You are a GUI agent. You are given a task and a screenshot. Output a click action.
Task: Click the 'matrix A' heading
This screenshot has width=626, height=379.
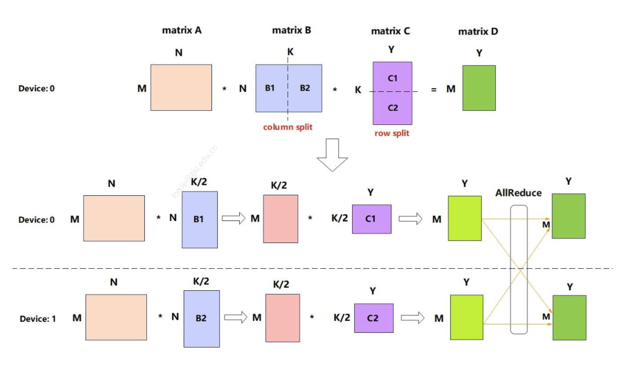pos(182,30)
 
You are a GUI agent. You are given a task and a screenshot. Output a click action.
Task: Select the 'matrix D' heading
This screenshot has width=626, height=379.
pos(478,31)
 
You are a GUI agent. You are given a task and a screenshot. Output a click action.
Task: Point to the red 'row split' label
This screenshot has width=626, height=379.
pos(391,133)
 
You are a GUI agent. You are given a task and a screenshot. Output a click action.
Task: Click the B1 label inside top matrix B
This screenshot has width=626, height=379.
pos(270,88)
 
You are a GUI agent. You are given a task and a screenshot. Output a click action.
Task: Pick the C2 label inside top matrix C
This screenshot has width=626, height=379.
pos(392,108)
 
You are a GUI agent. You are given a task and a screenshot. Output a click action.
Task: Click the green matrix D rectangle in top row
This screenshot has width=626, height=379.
pos(479,88)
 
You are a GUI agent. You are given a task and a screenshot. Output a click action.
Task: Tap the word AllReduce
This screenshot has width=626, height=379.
pos(518,193)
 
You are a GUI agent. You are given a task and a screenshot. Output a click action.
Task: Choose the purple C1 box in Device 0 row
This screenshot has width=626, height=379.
pos(372,219)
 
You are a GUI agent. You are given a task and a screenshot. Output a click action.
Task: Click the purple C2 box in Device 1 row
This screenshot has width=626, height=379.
pos(373,318)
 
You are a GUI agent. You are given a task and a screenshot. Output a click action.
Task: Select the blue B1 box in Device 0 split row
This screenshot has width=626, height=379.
pos(199,219)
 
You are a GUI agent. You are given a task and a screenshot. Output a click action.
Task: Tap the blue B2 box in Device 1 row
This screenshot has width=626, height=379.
pos(201,319)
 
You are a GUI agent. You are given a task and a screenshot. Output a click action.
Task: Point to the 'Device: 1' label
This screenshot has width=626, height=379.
pos(38,319)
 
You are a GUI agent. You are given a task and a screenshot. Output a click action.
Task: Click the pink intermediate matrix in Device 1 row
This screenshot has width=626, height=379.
pos(282,318)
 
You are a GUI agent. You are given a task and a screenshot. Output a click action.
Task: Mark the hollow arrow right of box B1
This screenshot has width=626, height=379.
pos(234,219)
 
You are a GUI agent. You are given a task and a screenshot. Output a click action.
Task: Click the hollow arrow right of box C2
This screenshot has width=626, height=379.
pos(412,318)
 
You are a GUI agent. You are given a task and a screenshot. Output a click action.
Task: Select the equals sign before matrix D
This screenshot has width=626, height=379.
pos(433,89)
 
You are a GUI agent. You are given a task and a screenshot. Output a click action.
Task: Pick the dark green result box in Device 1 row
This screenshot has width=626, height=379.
pos(569,318)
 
